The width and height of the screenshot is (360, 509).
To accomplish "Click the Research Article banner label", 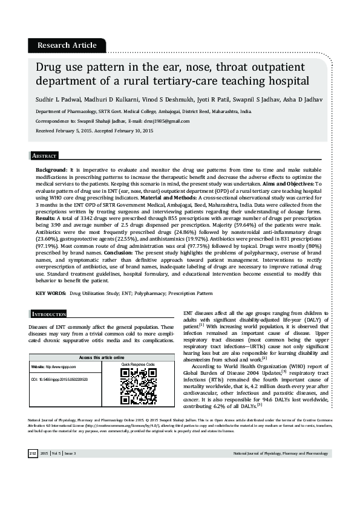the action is pos(67,45).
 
